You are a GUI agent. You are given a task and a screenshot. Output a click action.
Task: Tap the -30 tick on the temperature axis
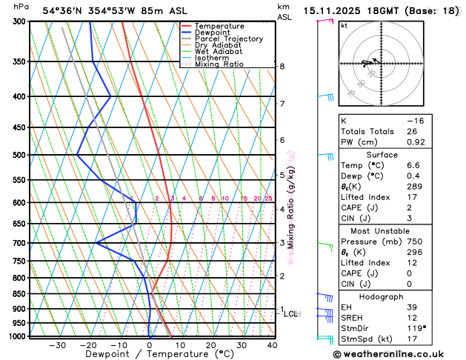(x=58, y=345)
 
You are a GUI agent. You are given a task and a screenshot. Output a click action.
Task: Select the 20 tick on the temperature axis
(x=210, y=345)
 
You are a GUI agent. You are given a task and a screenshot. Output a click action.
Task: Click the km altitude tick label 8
(x=282, y=67)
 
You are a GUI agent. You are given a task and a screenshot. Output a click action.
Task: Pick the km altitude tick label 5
(x=282, y=175)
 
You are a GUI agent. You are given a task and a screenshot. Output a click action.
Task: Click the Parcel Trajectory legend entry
(x=228, y=39)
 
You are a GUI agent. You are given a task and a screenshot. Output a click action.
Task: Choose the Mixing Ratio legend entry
(x=222, y=64)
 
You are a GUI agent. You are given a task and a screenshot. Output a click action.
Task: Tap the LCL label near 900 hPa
(x=291, y=314)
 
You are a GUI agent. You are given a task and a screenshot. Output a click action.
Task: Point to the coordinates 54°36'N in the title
(x=67, y=10)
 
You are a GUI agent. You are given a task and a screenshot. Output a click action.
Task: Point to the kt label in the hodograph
(x=344, y=25)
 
